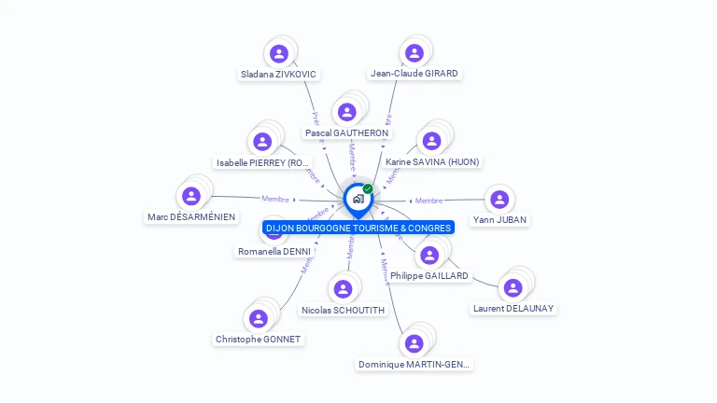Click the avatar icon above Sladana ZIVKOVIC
[278, 53]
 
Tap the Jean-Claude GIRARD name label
[415, 73]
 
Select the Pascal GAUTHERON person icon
[347, 113]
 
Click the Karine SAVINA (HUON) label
[432, 161]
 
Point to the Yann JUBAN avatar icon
[499, 200]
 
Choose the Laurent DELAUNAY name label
[513, 308]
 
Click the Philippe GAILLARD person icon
[429, 256]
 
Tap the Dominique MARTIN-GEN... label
[415, 364]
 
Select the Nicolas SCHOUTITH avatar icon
[343, 289]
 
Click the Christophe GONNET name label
[258, 339]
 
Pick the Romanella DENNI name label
[274, 251]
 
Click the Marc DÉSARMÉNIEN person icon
[191, 197]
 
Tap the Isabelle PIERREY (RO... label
[262, 162]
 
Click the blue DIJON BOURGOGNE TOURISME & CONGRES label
[358, 228]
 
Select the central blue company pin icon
[357, 199]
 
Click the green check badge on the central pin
[368, 189]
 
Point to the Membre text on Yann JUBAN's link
[429, 201]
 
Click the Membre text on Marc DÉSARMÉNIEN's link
[275, 199]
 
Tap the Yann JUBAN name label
[499, 220]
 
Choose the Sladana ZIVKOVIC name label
[278, 74]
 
